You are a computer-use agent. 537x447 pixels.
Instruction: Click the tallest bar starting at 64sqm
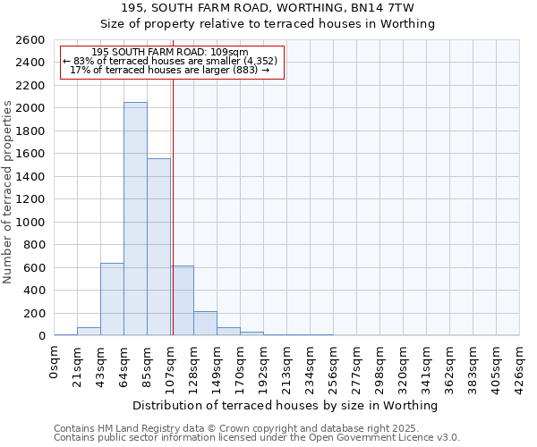[x=135, y=219]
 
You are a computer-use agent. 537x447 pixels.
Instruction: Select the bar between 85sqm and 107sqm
[x=158, y=247]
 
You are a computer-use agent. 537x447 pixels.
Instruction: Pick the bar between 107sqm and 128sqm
[x=183, y=300]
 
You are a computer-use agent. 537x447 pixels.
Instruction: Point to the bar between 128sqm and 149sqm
[x=205, y=324]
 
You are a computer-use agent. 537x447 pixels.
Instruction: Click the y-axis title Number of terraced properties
[x=8, y=192]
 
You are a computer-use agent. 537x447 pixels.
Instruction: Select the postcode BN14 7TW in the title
[x=395, y=8]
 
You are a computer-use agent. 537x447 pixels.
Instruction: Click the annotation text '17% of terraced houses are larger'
[x=170, y=70]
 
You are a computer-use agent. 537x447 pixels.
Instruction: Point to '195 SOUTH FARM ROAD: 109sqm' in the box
[x=170, y=52]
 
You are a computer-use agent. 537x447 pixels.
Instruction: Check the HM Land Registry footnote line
[x=230, y=428]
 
